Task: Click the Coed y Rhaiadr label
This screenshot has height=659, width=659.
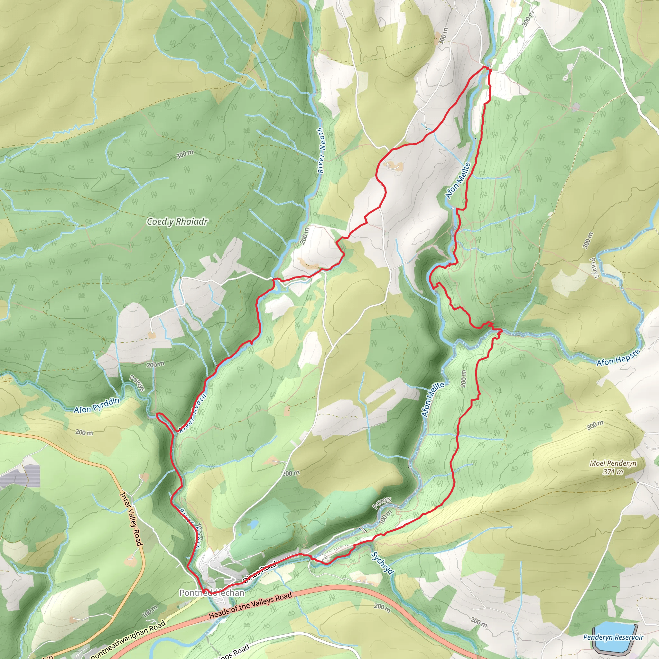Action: click(177, 222)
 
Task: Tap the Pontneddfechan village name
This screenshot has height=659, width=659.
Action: click(212, 593)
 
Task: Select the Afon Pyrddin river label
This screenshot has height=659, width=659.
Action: click(97, 405)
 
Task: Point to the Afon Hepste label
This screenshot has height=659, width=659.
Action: click(618, 358)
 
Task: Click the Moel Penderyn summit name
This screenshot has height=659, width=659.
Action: click(613, 463)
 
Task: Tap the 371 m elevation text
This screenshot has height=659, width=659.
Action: click(613, 472)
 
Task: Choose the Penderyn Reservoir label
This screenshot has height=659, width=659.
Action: click(613, 637)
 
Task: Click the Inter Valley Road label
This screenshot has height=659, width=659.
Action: click(131, 519)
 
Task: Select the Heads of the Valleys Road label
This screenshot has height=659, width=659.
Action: click(250, 606)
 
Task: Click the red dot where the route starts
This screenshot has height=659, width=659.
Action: click(488, 69)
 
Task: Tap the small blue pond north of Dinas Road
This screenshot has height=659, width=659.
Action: click(253, 524)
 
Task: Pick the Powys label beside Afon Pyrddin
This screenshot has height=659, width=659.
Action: click(137, 383)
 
